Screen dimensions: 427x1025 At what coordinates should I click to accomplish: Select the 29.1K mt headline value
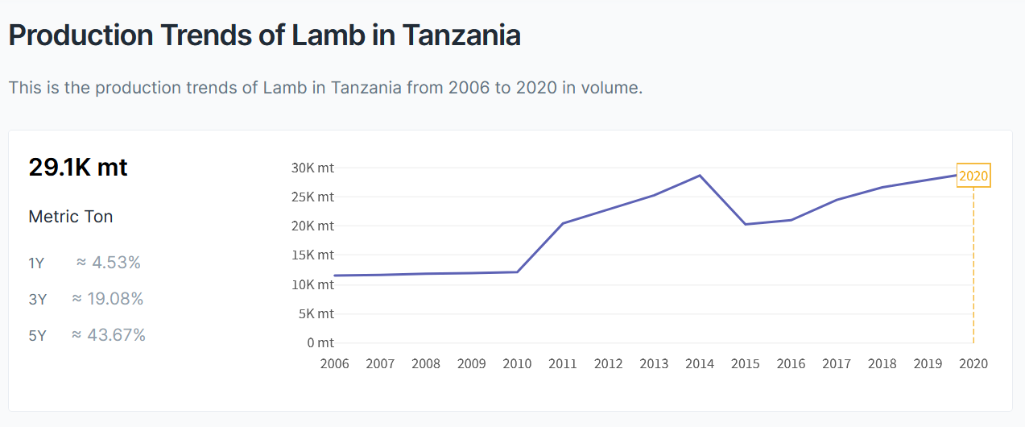(78, 167)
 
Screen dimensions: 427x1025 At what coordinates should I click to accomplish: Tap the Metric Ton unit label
(71, 217)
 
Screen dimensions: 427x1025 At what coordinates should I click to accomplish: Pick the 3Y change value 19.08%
(115, 299)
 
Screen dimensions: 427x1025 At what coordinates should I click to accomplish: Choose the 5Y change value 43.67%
(116, 335)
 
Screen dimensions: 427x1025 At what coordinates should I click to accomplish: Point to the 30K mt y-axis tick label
(312, 168)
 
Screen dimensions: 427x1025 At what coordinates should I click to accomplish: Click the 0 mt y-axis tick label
(320, 342)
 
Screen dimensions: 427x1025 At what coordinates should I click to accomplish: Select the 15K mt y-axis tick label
(312, 255)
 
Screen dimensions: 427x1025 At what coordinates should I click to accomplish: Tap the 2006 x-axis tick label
(335, 363)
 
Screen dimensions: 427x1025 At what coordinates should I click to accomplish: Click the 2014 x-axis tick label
(700, 363)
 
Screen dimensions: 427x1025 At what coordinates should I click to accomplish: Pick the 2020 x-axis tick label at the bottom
(973, 363)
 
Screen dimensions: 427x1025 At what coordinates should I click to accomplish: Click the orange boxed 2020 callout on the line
(973, 176)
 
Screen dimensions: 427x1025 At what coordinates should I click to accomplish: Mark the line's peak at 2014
(700, 175)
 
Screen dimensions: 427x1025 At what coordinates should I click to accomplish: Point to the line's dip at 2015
(746, 224)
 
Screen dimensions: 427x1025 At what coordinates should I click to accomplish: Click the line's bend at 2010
(517, 272)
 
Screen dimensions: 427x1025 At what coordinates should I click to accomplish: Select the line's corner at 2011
(563, 223)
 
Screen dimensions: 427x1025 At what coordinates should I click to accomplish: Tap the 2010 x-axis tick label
(517, 363)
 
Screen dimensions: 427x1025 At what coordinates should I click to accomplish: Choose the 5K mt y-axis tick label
(315, 313)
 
